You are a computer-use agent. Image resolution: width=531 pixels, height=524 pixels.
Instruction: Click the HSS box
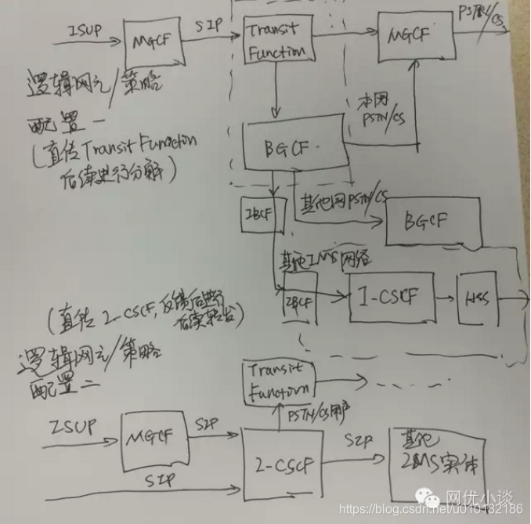pyautogui.click(x=477, y=299)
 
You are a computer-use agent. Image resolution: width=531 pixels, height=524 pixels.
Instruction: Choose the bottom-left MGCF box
pyautogui.click(x=155, y=439)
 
